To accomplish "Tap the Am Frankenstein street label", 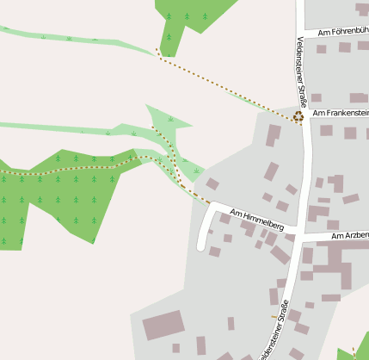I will pos(341,113).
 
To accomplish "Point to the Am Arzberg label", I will pos(349,235).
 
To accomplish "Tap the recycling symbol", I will pos(298,116).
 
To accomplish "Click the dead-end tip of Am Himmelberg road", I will pos(201,247).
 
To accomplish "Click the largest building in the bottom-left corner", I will pos(163,326).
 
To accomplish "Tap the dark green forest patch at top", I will pos(194,16).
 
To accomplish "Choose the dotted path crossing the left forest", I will pos(69,170).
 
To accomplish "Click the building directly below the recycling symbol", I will pos(274,135).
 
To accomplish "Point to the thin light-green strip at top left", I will pos(77,39).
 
